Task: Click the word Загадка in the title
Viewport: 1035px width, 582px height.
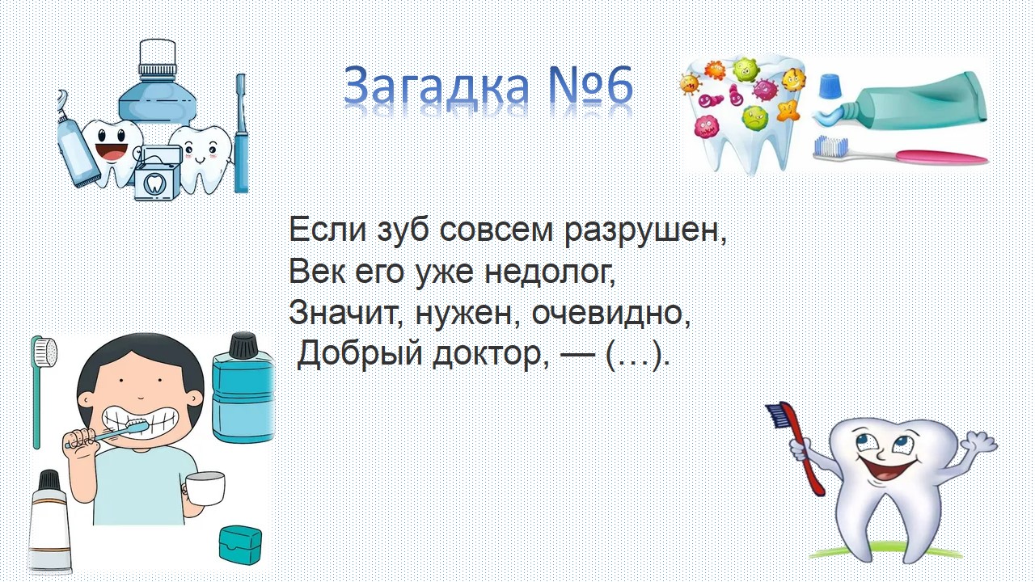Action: pyautogui.click(x=436, y=86)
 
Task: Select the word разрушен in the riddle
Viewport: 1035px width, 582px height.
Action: pyautogui.click(x=645, y=230)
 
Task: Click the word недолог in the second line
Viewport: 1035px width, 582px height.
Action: pyautogui.click(x=551, y=272)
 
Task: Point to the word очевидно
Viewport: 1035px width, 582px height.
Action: pyautogui.click(x=610, y=313)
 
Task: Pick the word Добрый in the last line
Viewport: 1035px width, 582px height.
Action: pyautogui.click(x=360, y=355)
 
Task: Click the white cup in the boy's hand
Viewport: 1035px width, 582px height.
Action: pyautogui.click(x=205, y=488)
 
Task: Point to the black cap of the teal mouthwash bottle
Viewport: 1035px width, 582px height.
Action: pyautogui.click(x=243, y=344)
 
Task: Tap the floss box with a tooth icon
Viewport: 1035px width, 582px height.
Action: pyautogui.click(x=155, y=173)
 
